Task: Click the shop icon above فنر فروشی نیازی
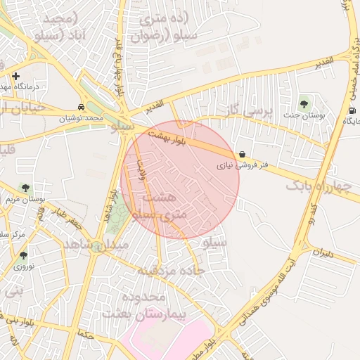(x=242, y=154)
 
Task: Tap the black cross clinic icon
(x=15, y=75)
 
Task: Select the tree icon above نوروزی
(x=24, y=255)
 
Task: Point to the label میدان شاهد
(x=96, y=243)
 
